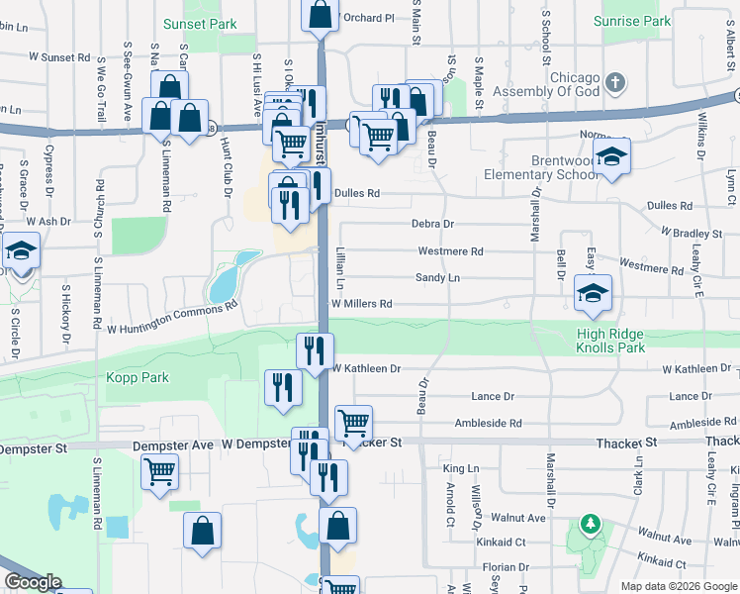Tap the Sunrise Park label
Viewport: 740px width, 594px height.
click(632, 20)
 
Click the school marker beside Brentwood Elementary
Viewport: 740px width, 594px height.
click(612, 157)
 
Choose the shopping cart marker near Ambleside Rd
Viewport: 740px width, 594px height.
click(353, 424)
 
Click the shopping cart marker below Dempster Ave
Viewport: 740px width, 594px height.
click(159, 472)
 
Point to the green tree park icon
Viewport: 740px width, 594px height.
click(590, 523)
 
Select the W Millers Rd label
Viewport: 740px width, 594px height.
click(361, 303)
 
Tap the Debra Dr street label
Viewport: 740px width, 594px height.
click(433, 224)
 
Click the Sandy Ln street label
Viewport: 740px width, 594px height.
click(437, 278)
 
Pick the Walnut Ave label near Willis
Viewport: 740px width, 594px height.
click(522, 517)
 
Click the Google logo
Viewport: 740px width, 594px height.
click(34, 582)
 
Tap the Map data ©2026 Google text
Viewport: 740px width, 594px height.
click(679, 586)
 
